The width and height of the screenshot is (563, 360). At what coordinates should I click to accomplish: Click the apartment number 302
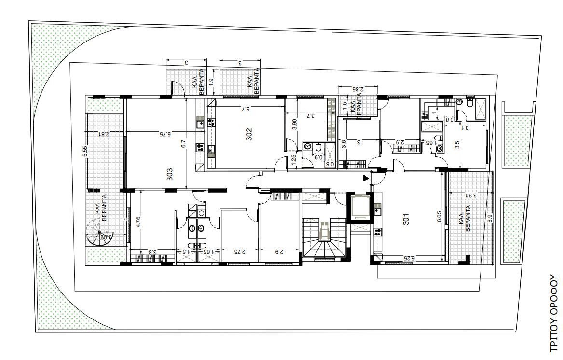[x=249, y=134]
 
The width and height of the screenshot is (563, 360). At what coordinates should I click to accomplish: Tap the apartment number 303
[x=170, y=174]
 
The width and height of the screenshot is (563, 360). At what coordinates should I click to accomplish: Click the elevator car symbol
[x=359, y=207]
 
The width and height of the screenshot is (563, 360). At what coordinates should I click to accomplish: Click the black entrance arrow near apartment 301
[x=365, y=179]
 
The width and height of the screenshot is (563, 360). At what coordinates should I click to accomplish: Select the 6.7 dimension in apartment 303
[x=183, y=145]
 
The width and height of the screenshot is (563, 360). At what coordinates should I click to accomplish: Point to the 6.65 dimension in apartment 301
[x=439, y=216]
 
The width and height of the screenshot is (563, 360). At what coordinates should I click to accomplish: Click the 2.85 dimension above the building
[x=357, y=89]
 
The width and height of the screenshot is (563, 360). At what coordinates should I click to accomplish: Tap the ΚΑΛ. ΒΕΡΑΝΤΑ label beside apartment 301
[x=464, y=222]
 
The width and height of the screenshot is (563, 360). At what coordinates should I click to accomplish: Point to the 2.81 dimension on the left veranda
[x=104, y=134]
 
